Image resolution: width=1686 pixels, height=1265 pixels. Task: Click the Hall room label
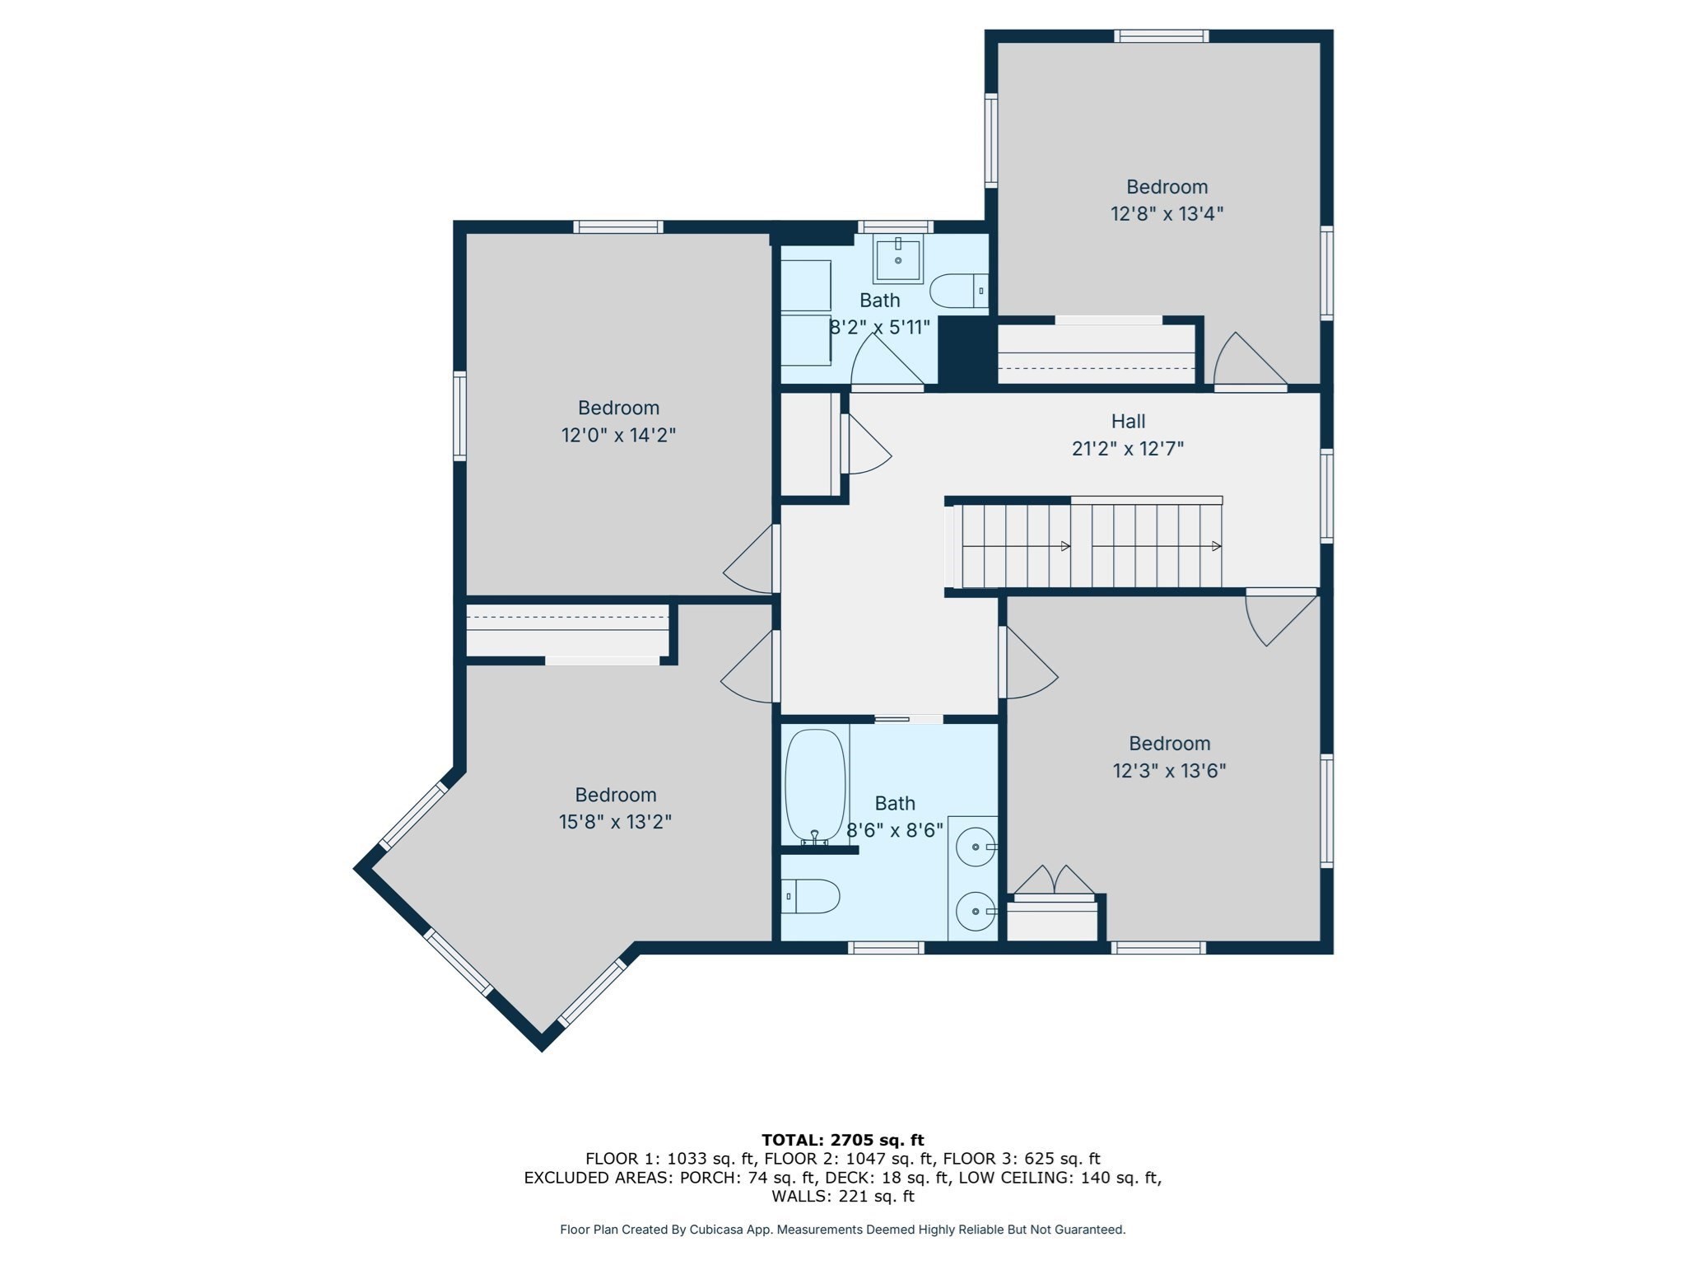pos(1128,422)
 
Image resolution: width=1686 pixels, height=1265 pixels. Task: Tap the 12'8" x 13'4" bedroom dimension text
pos(1167,214)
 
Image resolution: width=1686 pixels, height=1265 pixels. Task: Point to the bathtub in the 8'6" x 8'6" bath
pos(815,787)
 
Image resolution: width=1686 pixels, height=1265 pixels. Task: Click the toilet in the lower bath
pos(810,896)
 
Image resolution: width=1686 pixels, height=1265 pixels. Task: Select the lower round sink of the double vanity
pos(976,912)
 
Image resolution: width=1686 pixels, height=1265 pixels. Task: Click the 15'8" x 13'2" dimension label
pos(615,822)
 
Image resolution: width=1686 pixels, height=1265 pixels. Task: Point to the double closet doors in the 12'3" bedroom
pos(1055,880)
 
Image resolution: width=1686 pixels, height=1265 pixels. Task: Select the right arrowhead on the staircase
pos(1216,546)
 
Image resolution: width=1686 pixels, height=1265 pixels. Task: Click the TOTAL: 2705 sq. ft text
pos(842,1141)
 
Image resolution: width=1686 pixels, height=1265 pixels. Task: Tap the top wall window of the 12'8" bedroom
pos(1162,36)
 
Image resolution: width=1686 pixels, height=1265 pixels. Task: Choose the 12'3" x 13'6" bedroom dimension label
pos(1169,771)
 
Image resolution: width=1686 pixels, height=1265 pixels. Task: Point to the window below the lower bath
pos(886,948)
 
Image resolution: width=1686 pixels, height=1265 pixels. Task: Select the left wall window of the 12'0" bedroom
pos(460,416)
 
